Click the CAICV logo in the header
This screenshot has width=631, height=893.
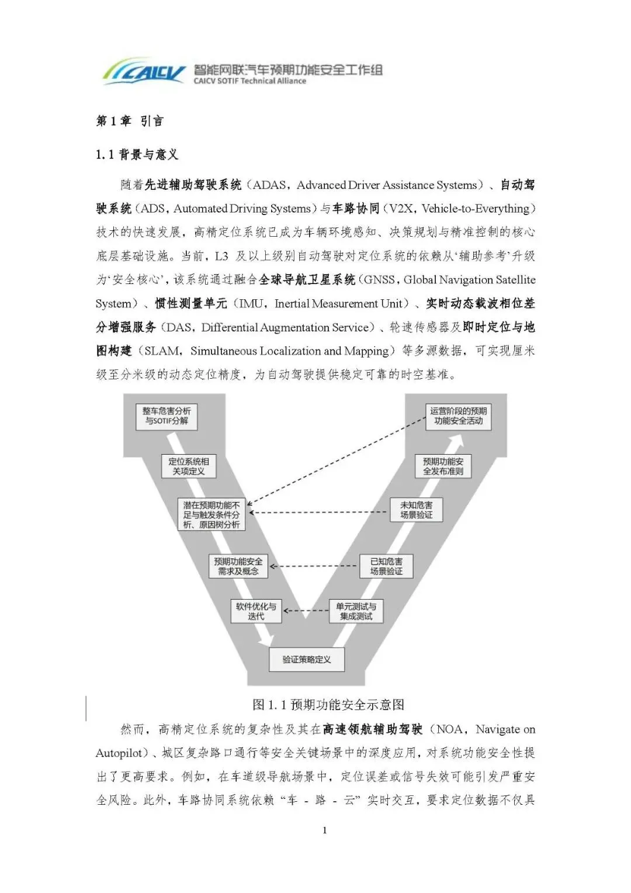144,71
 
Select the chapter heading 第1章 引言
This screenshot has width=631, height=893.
130,121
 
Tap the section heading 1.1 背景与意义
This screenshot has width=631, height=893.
137,155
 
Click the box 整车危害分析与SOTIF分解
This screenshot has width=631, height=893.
167,416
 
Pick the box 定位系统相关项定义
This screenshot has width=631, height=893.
188,466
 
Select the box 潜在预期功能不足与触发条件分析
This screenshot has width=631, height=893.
212,515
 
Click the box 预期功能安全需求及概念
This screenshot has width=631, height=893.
238,566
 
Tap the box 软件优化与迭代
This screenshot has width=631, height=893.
256,611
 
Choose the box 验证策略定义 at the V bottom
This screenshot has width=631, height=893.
306,660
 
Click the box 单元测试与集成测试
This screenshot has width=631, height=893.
356,611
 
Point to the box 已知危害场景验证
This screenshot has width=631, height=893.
386,566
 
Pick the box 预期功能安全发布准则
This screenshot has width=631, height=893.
443,466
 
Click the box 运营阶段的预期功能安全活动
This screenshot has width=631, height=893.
458,416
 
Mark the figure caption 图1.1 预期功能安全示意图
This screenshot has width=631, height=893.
328,705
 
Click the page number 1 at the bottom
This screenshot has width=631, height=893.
325,830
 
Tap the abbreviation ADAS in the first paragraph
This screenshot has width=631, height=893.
269,185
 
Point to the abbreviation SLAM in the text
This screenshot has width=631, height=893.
162,351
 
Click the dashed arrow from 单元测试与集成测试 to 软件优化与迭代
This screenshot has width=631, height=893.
306,611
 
